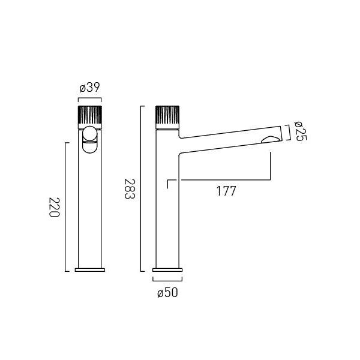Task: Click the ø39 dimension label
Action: coord(90,88)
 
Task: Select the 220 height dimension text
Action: coord(55,207)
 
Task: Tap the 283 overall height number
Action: coord(130,189)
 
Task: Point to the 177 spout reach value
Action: coord(226,191)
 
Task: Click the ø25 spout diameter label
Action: coord(301,131)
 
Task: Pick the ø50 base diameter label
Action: coord(167,293)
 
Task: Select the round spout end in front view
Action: coord(90,134)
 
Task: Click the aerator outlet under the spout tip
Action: coord(271,140)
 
